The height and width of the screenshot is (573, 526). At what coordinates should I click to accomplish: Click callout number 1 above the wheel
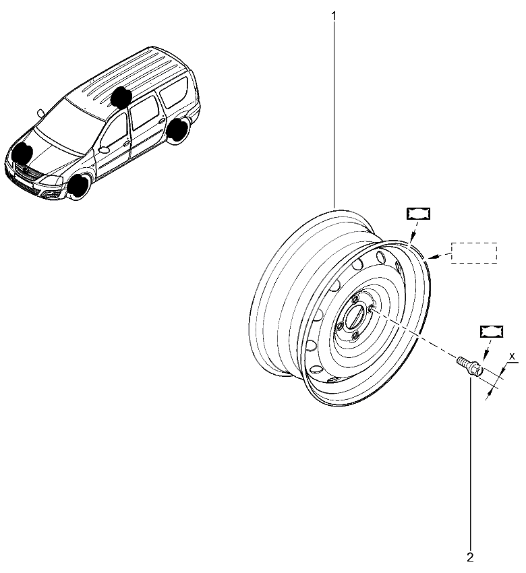[333, 16]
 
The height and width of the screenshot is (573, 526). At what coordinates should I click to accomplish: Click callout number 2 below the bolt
[470, 557]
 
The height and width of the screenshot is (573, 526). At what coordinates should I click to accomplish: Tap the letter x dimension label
[512, 355]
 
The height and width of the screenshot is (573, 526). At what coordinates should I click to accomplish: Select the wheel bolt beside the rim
[470, 366]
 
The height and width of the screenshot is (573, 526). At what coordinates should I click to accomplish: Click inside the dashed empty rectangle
[474, 253]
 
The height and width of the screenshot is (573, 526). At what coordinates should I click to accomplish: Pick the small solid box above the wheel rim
[419, 214]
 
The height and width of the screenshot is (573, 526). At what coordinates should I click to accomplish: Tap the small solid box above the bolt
[492, 331]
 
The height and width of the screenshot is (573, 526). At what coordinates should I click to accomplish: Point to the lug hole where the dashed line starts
[371, 308]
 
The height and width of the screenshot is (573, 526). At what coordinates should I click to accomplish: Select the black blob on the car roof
[121, 96]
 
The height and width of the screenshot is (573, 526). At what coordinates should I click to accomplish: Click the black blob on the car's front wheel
[80, 185]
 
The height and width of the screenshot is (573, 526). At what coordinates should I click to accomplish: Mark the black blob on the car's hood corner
[22, 153]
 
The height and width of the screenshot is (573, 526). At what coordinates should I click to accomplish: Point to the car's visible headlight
[52, 181]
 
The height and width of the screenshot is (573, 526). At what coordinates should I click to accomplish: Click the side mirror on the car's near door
[104, 150]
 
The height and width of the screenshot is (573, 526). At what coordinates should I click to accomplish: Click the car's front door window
[114, 131]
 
